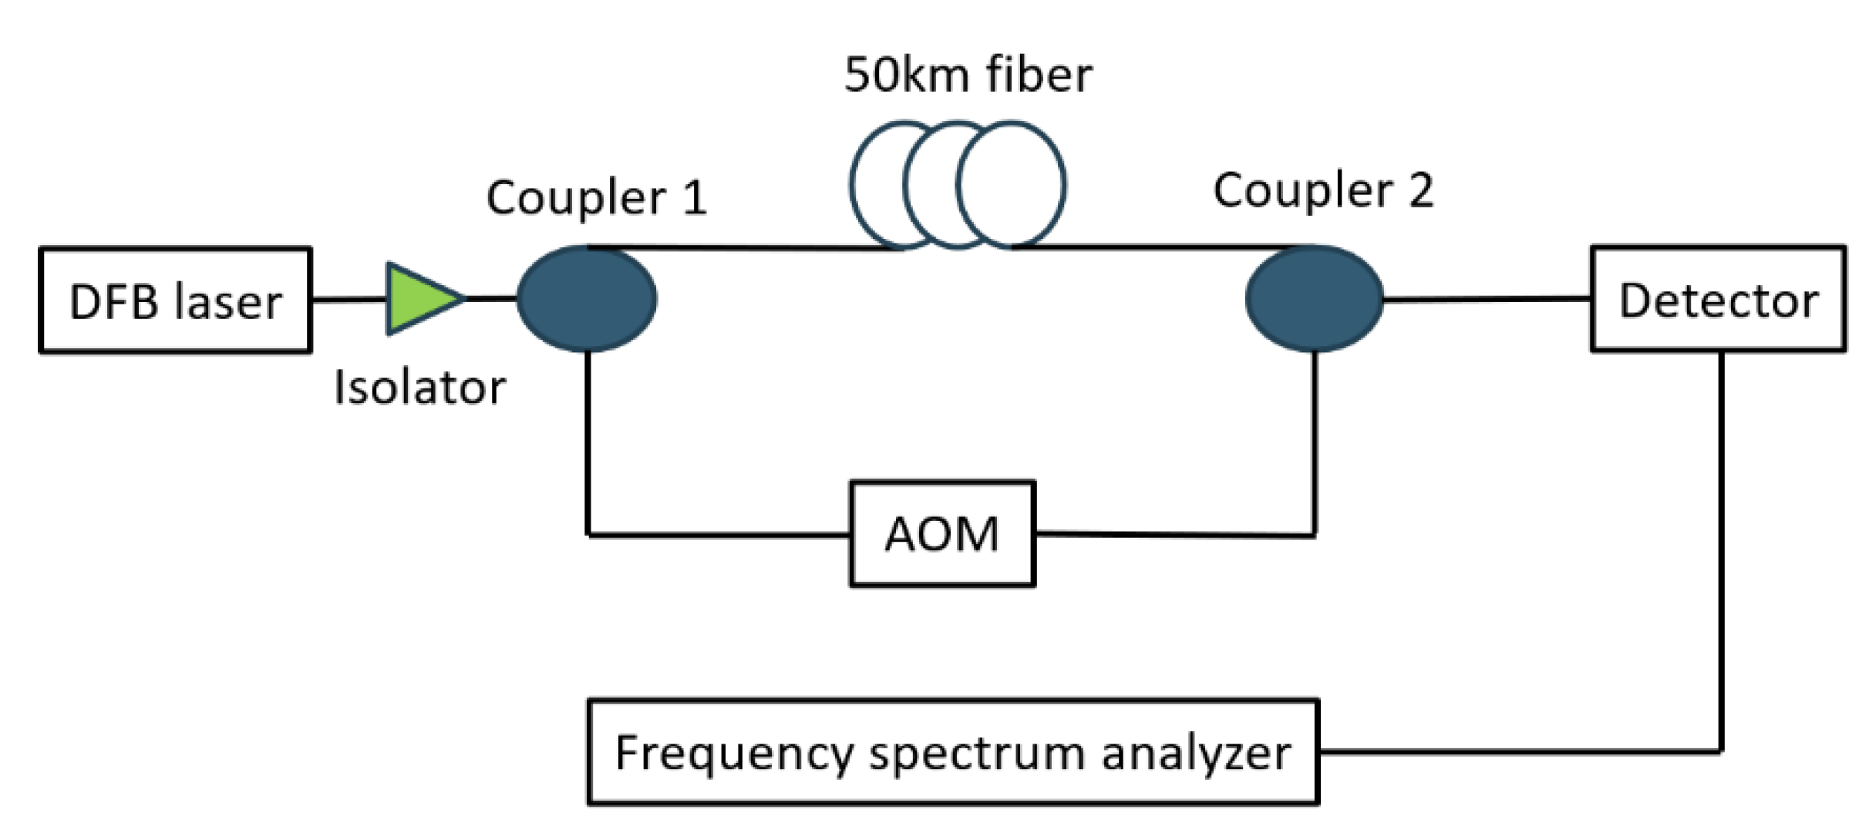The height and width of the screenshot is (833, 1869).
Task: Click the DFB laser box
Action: pyautogui.click(x=175, y=300)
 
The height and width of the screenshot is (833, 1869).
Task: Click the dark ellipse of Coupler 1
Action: pyautogui.click(x=586, y=299)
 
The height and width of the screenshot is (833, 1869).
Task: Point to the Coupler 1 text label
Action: pyautogui.click(x=596, y=197)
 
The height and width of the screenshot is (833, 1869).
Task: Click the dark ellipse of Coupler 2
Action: pyautogui.click(x=1314, y=299)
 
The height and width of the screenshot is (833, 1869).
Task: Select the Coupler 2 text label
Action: pyautogui.click(x=1323, y=190)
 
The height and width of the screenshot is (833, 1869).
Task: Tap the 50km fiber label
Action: pyautogui.click(x=968, y=75)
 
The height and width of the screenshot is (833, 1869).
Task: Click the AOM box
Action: pyautogui.click(x=942, y=534)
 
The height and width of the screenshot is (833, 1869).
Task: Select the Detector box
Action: pyautogui.click(x=1718, y=299)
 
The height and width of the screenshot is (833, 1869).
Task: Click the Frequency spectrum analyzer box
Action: pyautogui.click(x=953, y=752)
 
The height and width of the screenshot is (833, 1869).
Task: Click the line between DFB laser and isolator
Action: pyautogui.click(x=349, y=299)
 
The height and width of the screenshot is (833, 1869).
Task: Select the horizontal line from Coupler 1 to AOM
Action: pyautogui.click(x=717, y=534)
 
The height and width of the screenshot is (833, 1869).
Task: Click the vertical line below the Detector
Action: pyautogui.click(x=1721, y=555)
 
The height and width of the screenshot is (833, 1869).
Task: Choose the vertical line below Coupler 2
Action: pyautogui.click(x=1315, y=443)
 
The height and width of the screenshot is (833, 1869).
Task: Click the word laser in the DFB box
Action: pyautogui.click(x=228, y=301)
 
